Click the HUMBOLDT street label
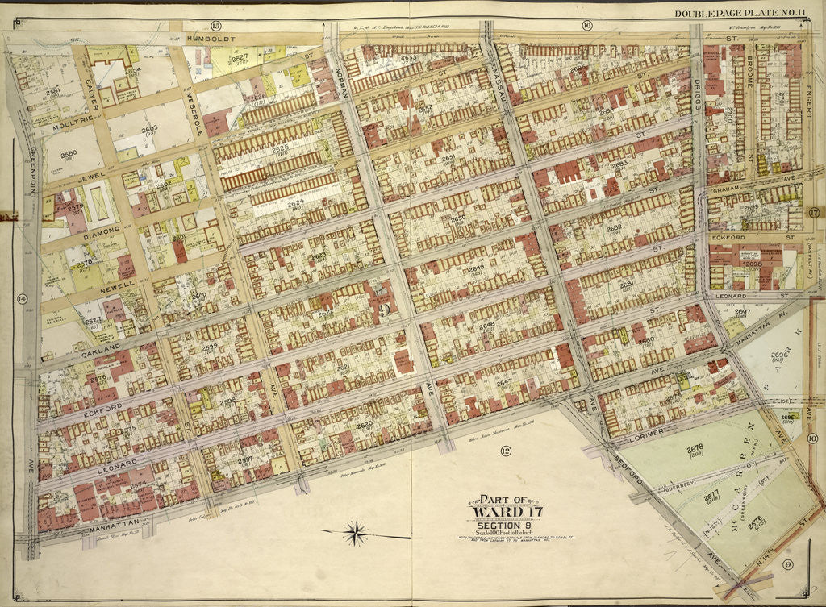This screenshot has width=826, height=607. [x=212, y=38]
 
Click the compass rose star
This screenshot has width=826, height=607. [x=354, y=533]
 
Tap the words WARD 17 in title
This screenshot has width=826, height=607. [x=502, y=513]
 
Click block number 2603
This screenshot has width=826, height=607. [x=149, y=128]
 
